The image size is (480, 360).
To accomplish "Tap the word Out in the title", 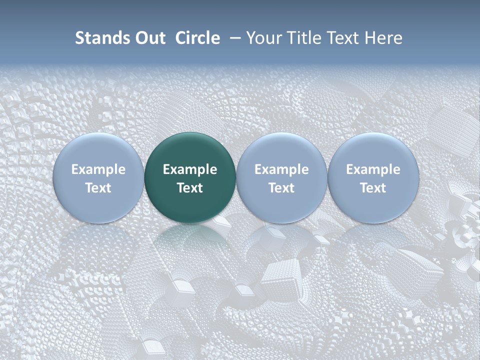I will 149,38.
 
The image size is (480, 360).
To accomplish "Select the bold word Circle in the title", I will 197,38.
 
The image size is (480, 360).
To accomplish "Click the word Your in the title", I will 263,38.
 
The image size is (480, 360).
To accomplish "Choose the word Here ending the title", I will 383,38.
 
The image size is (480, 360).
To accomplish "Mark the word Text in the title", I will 343,38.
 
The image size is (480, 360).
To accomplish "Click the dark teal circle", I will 190,178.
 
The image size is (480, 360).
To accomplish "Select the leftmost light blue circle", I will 98,178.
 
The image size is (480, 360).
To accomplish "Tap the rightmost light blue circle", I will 373,178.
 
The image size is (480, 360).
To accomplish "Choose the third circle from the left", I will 281,178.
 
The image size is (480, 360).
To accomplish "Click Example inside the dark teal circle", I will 190,169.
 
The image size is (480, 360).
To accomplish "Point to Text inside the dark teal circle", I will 190,188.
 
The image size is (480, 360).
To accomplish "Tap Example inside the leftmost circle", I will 98,169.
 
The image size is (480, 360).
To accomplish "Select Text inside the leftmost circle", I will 98,188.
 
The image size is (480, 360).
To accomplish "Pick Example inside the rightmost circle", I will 373,169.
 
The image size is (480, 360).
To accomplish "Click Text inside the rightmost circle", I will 373,188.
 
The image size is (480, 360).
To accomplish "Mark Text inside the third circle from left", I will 281,188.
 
